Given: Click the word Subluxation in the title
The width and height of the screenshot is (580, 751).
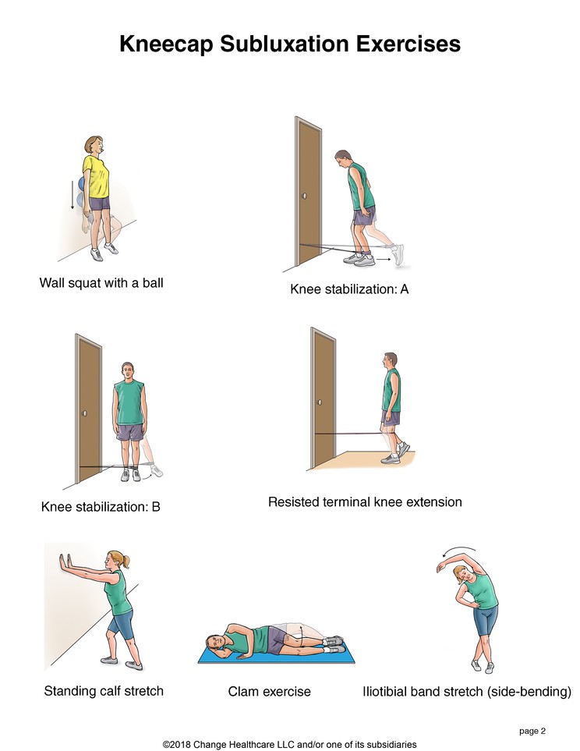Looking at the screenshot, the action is tap(285, 44).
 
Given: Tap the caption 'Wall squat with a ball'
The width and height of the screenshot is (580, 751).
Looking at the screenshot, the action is tap(101, 282).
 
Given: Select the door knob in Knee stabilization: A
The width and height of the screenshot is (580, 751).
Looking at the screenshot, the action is tap(305, 196).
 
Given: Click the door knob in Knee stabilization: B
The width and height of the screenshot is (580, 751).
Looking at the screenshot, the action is tap(84, 413).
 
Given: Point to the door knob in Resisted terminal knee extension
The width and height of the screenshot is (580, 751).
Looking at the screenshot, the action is tap(319, 402).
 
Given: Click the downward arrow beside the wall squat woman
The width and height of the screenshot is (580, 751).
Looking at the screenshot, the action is tap(72, 194).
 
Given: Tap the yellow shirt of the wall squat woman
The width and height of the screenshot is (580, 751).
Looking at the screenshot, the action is tap(96, 176).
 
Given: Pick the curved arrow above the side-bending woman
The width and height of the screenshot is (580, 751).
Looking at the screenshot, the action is tap(459, 551).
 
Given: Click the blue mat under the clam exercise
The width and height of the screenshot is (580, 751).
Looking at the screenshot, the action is tap(276, 655).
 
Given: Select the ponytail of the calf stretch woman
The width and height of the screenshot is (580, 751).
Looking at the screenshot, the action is tap(126, 560).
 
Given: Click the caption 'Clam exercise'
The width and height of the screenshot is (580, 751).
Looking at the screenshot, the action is tap(269, 692).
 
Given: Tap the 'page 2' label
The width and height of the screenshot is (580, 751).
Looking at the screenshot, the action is tap(532, 732).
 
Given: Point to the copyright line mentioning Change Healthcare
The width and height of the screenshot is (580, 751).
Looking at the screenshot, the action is tap(289, 744).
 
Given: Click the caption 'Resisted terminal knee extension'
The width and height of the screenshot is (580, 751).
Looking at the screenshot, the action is tap(365, 502).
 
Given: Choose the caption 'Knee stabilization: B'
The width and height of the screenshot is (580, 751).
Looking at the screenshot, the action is tap(101, 507).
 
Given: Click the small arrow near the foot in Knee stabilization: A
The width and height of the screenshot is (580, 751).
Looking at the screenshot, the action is tap(383, 260).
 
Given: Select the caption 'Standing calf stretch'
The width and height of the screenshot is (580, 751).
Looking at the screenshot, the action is tap(104, 691).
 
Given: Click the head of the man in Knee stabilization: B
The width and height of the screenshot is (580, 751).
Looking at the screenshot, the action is tap(127, 370).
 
